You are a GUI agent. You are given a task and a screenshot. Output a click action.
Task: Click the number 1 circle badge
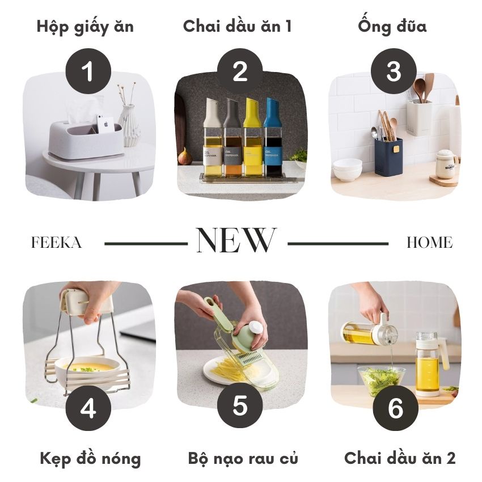click(x=88, y=71)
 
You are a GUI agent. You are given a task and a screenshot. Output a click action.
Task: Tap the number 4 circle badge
click(x=88, y=408)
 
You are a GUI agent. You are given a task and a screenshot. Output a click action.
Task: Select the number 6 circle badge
click(x=396, y=408)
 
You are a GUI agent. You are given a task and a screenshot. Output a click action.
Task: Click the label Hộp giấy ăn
click(x=85, y=27)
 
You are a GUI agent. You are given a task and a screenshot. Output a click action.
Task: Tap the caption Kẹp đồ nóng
click(x=90, y=459)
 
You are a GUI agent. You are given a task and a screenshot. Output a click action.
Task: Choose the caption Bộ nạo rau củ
click(x=243, y=458)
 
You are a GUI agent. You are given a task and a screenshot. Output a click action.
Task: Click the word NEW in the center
click(x=236, y=240)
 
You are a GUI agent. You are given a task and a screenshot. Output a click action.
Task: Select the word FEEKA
click(x=57, y=243)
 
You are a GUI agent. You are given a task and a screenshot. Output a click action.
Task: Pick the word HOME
click(x=430, y=243)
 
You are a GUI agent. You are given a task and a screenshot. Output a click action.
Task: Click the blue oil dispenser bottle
click(x=272, y=137)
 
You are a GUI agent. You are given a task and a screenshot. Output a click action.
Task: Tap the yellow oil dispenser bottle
click(x=252, y=137)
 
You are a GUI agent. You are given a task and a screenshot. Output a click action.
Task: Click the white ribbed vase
click(x=129, y=126)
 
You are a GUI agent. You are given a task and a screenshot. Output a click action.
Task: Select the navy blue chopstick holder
click(x=388, y=157)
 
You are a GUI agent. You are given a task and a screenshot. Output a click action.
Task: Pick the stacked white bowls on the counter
click(x=348, y=170)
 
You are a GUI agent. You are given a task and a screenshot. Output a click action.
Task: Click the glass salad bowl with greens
click(x=379, y=382)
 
